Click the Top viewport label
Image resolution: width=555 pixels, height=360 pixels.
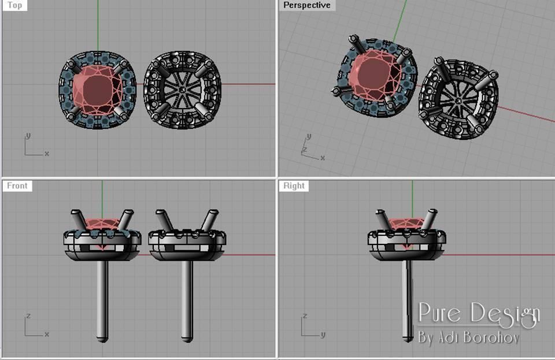tap(15, 5)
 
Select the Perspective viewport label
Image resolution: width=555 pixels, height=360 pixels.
tap(306, 5)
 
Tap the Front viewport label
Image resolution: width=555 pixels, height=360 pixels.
tap(17, 186)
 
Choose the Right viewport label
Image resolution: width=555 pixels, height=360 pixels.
tap(294, 186)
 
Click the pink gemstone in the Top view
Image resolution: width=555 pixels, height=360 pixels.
tap(97, 90)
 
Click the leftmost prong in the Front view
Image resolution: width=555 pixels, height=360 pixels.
tap(77, 220)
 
